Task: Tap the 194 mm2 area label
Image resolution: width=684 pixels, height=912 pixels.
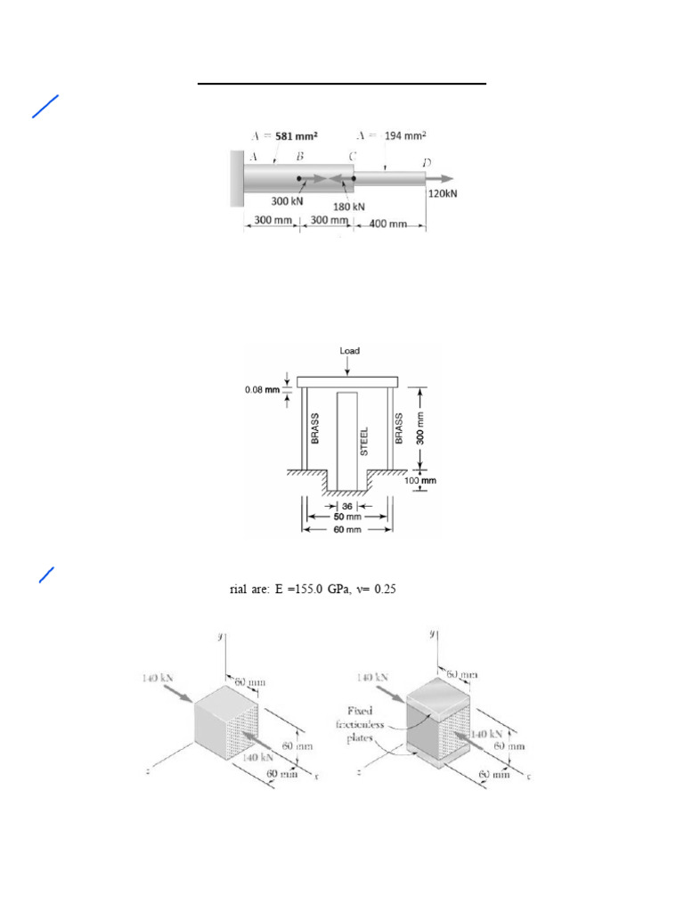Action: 405,135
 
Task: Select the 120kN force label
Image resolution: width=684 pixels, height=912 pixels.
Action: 443,193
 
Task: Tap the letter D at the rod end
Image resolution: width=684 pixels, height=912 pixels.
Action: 427,162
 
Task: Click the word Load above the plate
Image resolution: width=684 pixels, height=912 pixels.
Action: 349,351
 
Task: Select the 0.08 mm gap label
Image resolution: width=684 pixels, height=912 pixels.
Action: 262,389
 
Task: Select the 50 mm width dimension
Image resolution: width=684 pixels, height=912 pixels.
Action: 347,517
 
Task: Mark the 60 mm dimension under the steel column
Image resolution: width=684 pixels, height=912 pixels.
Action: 347,529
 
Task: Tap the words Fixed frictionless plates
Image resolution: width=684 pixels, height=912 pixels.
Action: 359,725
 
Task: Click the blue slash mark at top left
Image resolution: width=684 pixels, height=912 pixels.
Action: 45,106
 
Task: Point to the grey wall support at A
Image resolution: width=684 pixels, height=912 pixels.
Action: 237,177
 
